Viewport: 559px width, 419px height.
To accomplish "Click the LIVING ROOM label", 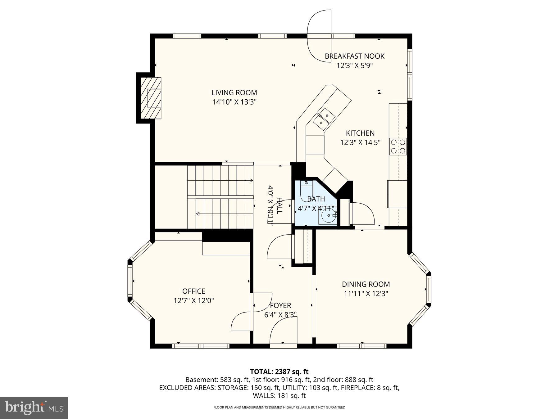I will click(x=234, y=92).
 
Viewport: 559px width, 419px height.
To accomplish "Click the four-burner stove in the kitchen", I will click(x=398, y=146).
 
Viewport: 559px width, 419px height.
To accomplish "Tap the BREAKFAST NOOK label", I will click(x=354, y=56).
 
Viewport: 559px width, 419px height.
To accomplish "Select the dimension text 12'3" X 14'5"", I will click(x=360, y=143).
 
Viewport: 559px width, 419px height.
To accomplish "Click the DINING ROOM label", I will click(x=366, y=284).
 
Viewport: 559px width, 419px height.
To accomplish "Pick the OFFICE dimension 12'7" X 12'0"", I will click(x=193, y=300).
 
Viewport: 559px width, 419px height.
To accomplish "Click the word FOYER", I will click(x=280, y=305).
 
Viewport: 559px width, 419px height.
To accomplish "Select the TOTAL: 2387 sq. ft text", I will click(x=279, y=372).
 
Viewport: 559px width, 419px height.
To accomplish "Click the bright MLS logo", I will click(x=34, y=408).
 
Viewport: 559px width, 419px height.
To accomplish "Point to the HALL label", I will click(x=279, y=205).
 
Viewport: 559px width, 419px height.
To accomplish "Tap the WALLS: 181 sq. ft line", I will click(x=279, y=396).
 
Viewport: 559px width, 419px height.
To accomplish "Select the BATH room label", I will click(x=316, y=199).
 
